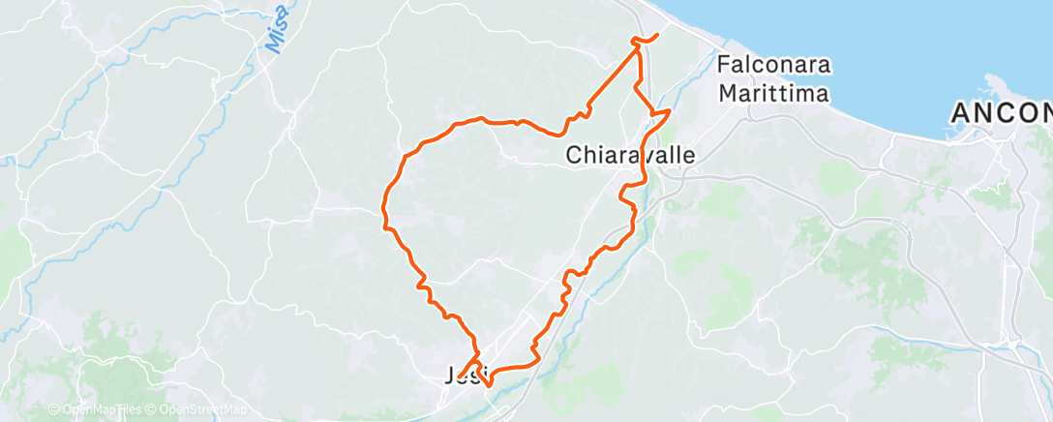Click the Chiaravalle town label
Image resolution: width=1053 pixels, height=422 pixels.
(631, 155)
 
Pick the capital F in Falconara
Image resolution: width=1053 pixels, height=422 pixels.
(723, 67)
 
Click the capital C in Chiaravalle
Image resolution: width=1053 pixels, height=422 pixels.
(573, 155)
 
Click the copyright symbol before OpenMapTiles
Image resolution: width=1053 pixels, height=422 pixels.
(54, 409)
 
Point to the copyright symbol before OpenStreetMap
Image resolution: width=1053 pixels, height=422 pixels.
(153, 409)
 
